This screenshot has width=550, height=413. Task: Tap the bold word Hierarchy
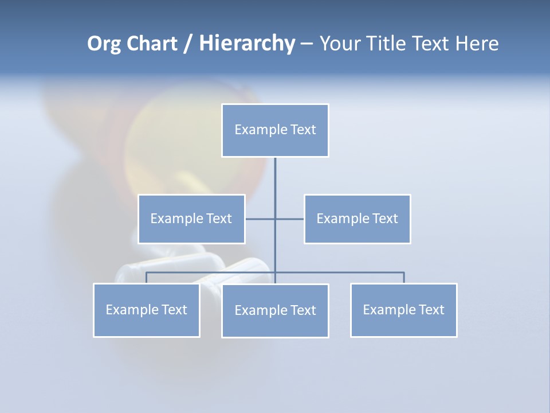point(247,44)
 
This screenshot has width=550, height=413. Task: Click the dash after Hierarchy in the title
point(307,44)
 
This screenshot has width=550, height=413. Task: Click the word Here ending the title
point(477,44)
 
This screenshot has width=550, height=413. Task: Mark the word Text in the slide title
point(431,44)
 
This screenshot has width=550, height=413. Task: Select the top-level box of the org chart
point(275,130)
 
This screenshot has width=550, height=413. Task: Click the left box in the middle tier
point(191,219)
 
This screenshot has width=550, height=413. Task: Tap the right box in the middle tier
point(357,219)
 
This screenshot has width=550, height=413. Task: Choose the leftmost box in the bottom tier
point(147,310)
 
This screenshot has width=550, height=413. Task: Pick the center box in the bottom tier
point(275,310)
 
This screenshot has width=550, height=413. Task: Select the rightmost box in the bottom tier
point(404,310)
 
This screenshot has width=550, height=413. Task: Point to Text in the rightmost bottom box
point(431,310)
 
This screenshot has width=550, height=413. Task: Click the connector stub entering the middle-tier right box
point(290,219)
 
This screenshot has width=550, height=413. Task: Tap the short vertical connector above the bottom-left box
point(147,278)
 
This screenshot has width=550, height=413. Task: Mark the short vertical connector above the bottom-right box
point(404,278)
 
